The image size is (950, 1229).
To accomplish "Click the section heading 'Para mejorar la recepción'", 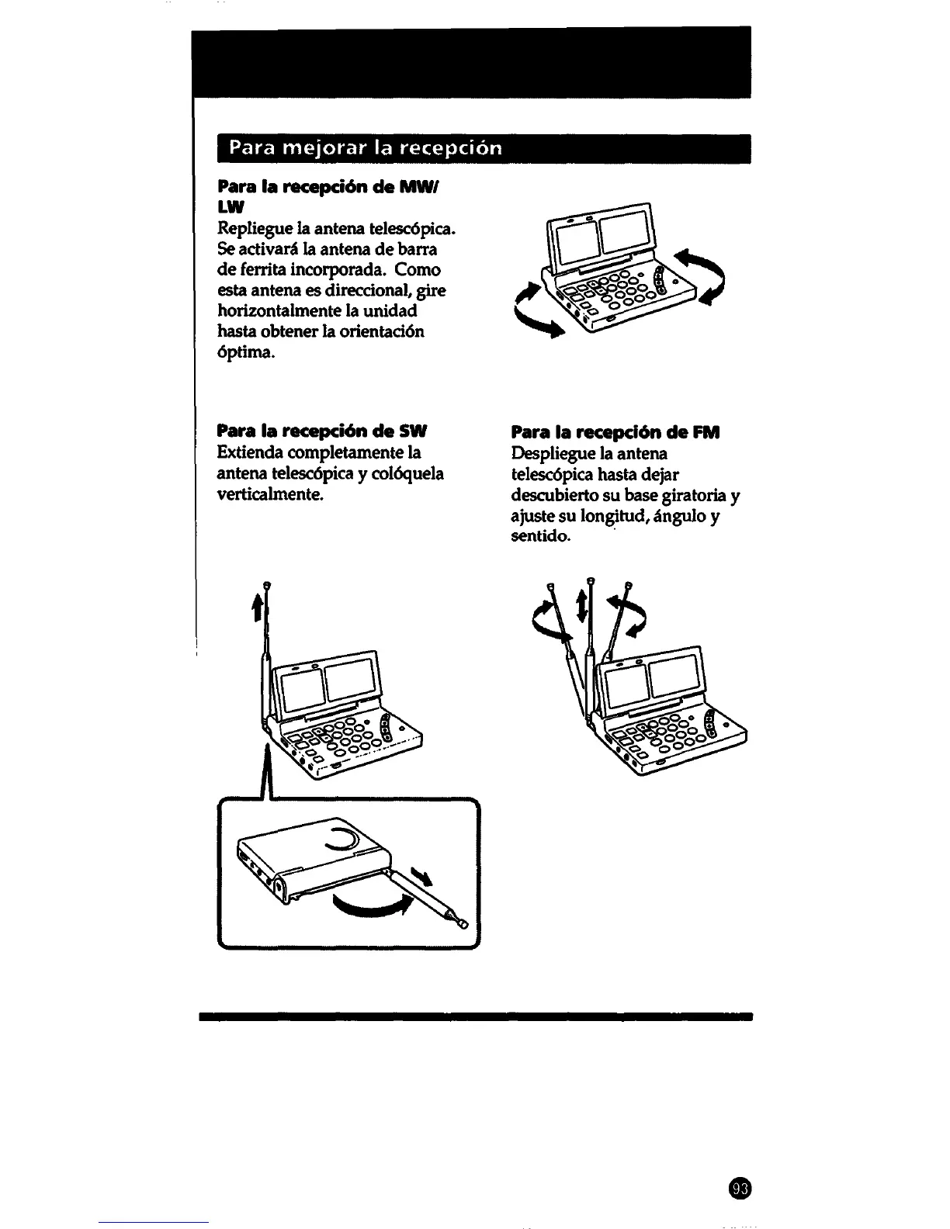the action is pos(360,148).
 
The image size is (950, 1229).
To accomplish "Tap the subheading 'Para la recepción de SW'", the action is pos(324,431).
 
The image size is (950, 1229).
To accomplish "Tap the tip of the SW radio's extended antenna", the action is pos(266,587).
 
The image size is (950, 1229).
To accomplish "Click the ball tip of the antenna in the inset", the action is pos(463,925).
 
